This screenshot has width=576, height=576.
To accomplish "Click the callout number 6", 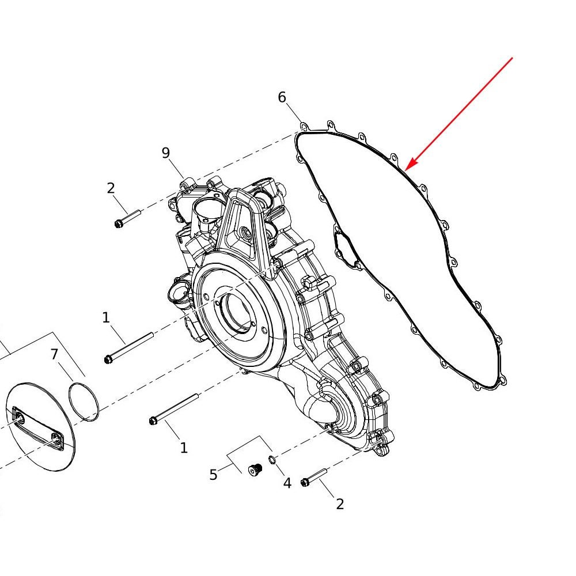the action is [282, 97].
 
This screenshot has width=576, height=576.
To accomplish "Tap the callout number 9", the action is [166, 153].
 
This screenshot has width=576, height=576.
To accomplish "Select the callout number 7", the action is [54, 354].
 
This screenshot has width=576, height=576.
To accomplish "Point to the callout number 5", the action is [214, 475].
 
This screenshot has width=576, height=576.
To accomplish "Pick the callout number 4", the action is [287, 483].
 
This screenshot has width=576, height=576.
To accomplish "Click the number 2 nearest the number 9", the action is [111, 188].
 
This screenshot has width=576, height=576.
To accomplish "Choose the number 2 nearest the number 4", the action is [340, 505].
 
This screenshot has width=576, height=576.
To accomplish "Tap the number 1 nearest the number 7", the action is [106, 318].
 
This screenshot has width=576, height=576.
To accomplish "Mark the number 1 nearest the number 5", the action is [184, 448].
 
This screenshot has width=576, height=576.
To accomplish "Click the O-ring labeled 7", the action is [84, 401].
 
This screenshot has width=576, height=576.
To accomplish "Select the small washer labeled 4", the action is [272, 460].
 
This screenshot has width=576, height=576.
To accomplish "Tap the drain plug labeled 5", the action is [255, 469].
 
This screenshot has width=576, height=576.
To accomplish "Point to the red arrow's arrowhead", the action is [409, 165].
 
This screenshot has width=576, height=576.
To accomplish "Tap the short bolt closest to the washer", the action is [314, 477].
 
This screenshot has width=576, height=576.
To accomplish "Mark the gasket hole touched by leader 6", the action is [304, 126].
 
